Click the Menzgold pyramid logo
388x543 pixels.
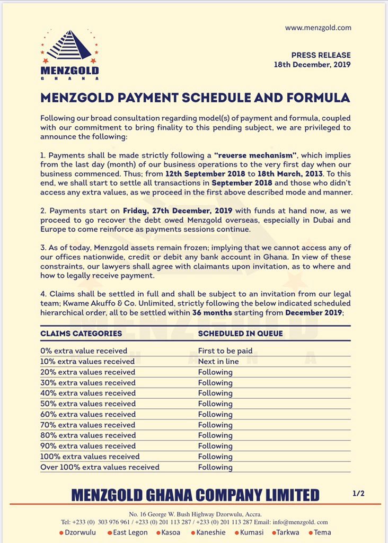(x=69, y=46)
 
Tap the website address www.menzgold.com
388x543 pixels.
(x=318, y=28)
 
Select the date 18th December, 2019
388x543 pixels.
(x=312, y=65)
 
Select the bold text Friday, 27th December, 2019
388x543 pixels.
(x=173, y=210)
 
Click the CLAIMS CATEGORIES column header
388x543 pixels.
(x=81, y=334)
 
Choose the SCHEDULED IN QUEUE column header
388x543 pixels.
(x=240, y=334)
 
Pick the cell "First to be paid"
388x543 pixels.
(x=225, y=351)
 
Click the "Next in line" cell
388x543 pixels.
(x=218, y=361)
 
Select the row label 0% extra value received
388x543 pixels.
(x=84, y=351)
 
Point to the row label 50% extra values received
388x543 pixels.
(x=88, y=404)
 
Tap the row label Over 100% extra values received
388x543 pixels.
(x=100, y=467)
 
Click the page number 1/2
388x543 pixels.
(x=358, y=493)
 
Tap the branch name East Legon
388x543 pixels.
(x=130, y=532)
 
